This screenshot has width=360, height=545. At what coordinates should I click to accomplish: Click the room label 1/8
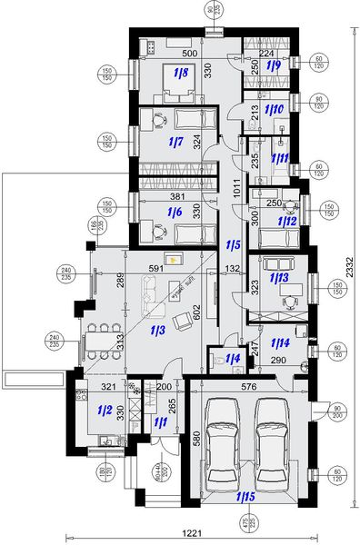click(180, 72)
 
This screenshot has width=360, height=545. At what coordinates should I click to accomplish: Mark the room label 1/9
click(272, 65)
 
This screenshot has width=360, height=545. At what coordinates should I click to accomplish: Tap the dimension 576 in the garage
click(248, 387)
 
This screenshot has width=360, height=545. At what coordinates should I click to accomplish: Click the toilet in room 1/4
click(219, 361)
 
